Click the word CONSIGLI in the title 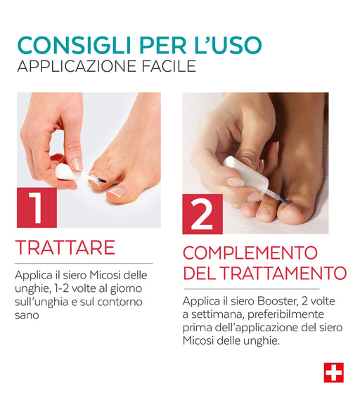point(75,45)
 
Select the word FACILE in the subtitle point(169,66)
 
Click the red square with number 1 point(37,207)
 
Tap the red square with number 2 point(202,214)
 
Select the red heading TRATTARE point(65,248)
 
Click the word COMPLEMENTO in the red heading point(250,253)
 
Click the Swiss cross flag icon point(334,373)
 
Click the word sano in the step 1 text point(27,315)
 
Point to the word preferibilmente point(285,315)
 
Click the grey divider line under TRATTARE point(84,264)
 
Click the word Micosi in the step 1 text point(105,275)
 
